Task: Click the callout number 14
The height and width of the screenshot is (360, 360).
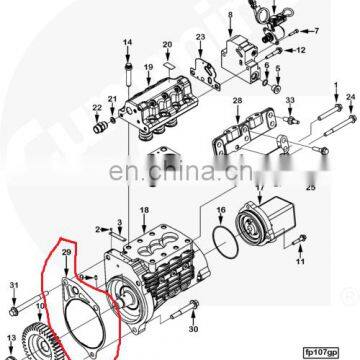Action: click(x=128, y=41)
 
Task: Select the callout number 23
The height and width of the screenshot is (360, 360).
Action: click(x=200, y=37)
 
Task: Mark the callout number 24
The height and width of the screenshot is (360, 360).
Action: click(x=350, y=96)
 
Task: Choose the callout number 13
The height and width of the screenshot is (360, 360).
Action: click(x=14, y=340)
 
